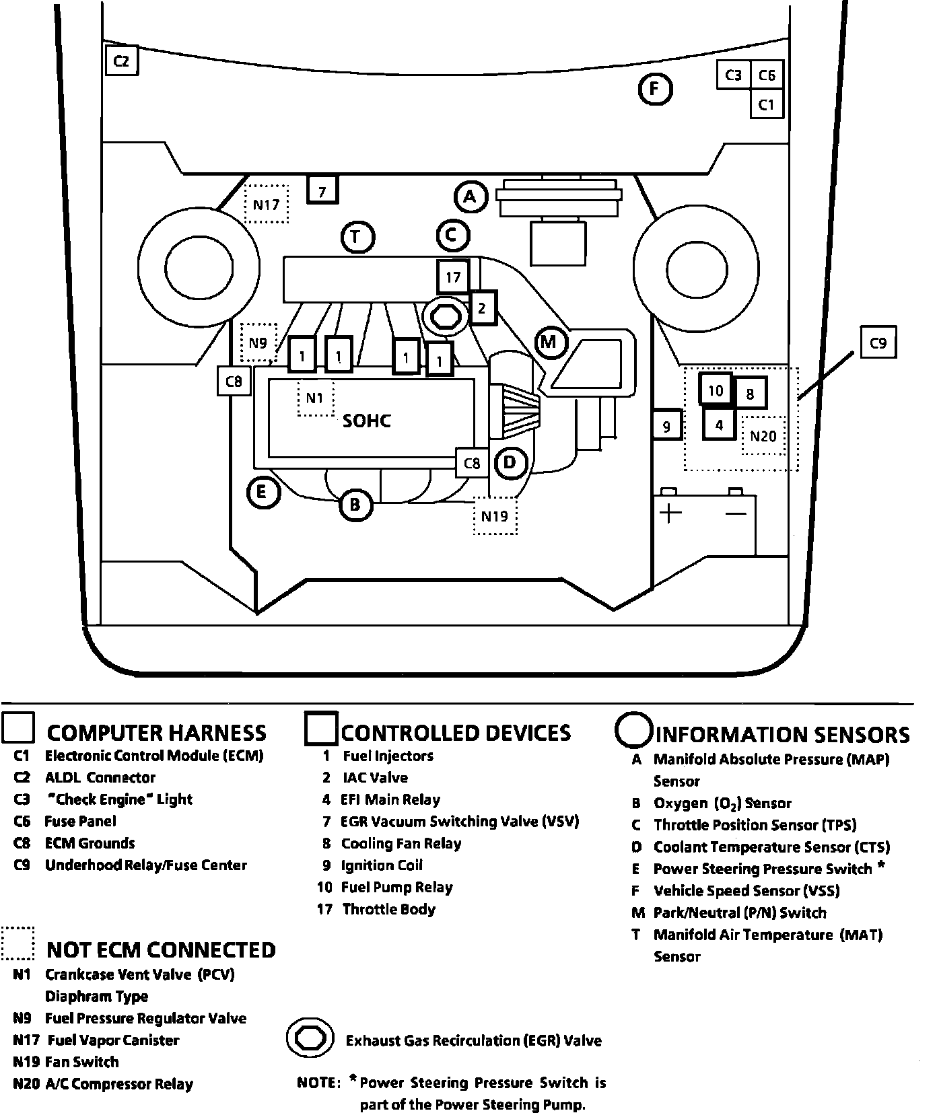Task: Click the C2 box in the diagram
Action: pyautogui.click(x=122, y=61)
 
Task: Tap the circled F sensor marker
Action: pyautogui.click(x=655, y=89)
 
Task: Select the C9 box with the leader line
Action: pyautogui.click(x=878, y=343)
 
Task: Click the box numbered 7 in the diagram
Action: pyautogui.click(x=322, y=191)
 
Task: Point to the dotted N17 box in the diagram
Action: pyautogui.click(x=266, y=204)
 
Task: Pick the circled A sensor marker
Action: pyautogui.click(x=470, y=197)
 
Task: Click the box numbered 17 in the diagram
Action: pyautogui.click(x=453, y=277)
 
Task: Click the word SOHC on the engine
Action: pyautogui.click(x=367, y=421)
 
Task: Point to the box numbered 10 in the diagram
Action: pyautogui.click(x=716, y=390)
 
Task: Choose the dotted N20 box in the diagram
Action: pyautogui.click(x=763, y=436)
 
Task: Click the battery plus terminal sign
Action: pyautogui.click(x=670, y=513)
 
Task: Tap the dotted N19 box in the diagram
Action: pyautogui.click(x=495, y=516)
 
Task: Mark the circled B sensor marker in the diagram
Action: pyautogui.click(x=355, y=505)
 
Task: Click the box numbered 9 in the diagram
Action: pyautogui.click(x=667, y=426)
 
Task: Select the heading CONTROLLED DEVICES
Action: pyautogui.click(x=456, y=733)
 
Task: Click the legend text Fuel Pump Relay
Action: pyautogui.click(x=396, y=888)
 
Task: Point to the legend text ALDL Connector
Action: pyautogui.click(x=100, y=778)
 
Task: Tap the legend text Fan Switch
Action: pyautogui.click(x=81, y=1063)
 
